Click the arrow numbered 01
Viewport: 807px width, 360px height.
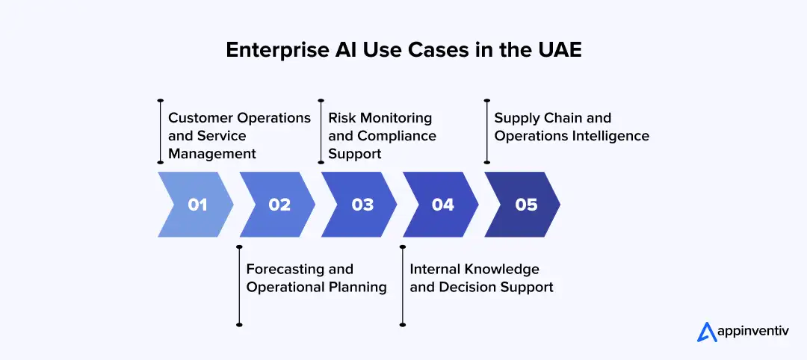[196, 205]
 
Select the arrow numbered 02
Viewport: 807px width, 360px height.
[278, 205]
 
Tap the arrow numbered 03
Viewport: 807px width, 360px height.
[361, 205]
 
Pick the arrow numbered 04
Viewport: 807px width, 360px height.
[442, 205]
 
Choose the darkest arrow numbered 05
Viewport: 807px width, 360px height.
[525, 205]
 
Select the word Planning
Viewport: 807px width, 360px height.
[355, 287]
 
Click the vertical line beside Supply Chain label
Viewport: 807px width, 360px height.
[486, 131]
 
